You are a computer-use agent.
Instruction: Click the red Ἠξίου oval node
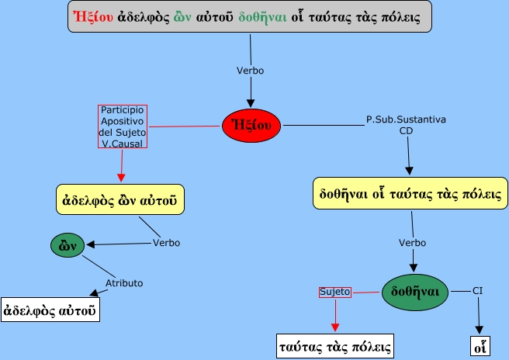coord(251,125)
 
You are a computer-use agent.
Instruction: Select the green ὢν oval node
coord(67,246)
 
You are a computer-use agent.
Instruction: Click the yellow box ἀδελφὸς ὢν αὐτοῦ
coord(121,199)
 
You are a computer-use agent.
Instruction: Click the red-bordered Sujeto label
coord(336,292)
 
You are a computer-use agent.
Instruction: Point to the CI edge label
coord(478,291)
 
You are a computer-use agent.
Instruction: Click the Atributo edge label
coord(124,283)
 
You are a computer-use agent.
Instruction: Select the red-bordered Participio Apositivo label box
coord(123,126)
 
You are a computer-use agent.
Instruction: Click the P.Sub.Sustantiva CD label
coord(406,125)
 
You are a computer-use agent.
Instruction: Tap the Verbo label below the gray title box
coord(250,71)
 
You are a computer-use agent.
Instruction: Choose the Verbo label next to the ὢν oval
coord(166,243)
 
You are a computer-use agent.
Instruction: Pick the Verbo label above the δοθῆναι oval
coord(412,243)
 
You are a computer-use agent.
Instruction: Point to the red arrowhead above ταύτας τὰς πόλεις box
coord(335,326)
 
